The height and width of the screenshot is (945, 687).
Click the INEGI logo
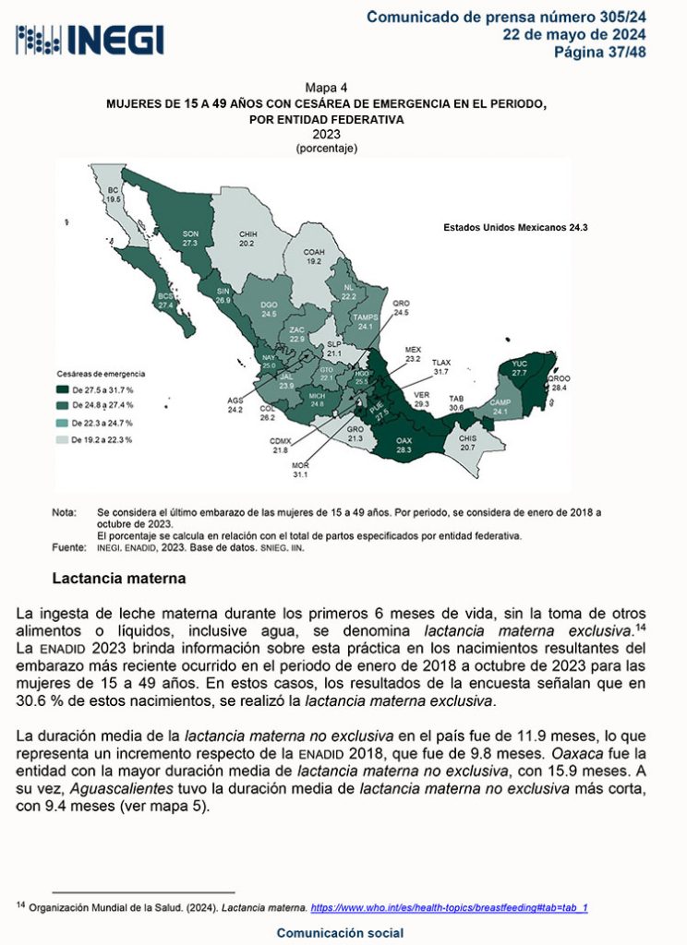coord(90,40)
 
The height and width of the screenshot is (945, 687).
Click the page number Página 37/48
coord(599,52)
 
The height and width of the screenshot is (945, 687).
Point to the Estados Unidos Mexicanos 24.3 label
coord(515,226)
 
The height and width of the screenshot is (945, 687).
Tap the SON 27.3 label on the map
coord(190,238)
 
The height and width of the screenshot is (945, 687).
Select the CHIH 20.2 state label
coord(247,239)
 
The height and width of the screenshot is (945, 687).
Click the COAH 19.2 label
coord(314,257)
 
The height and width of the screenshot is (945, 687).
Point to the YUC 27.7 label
coord(518,367)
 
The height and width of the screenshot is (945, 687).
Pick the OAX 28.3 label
coord(404,445)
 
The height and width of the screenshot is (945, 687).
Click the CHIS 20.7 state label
coord(467,443)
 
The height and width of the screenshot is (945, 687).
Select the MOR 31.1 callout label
coord(299,470)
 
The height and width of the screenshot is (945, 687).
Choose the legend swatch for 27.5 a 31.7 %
coord(63,389)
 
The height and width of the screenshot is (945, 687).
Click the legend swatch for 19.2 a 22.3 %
coord(63,439)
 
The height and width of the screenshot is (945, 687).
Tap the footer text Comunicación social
coord(341,933)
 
